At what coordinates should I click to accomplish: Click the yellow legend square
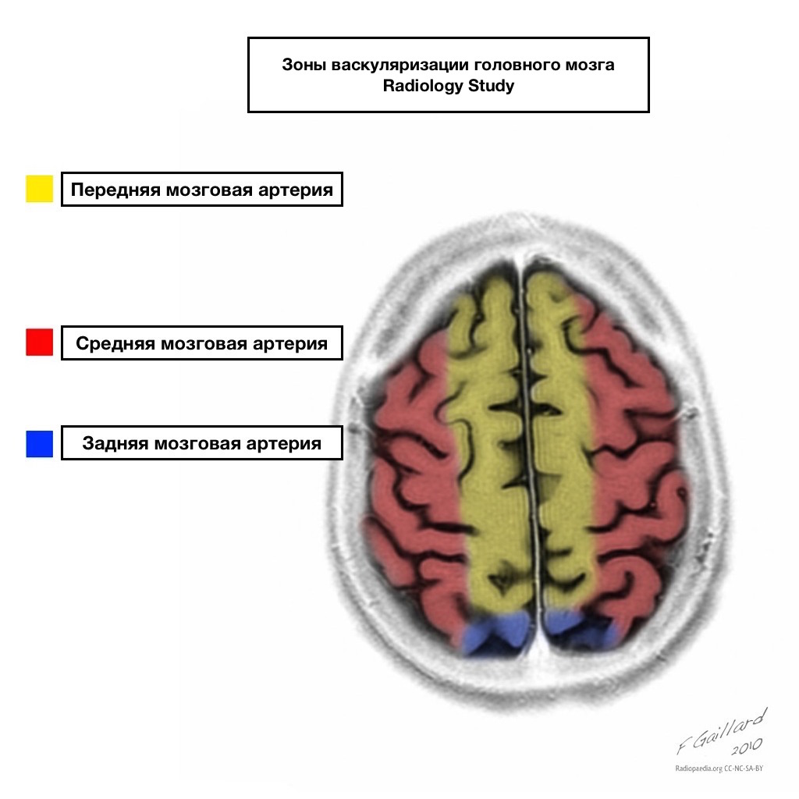[x=39, y=189]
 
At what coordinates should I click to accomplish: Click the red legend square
[x=39, y=343]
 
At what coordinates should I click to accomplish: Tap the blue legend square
[x=39, y=444]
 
